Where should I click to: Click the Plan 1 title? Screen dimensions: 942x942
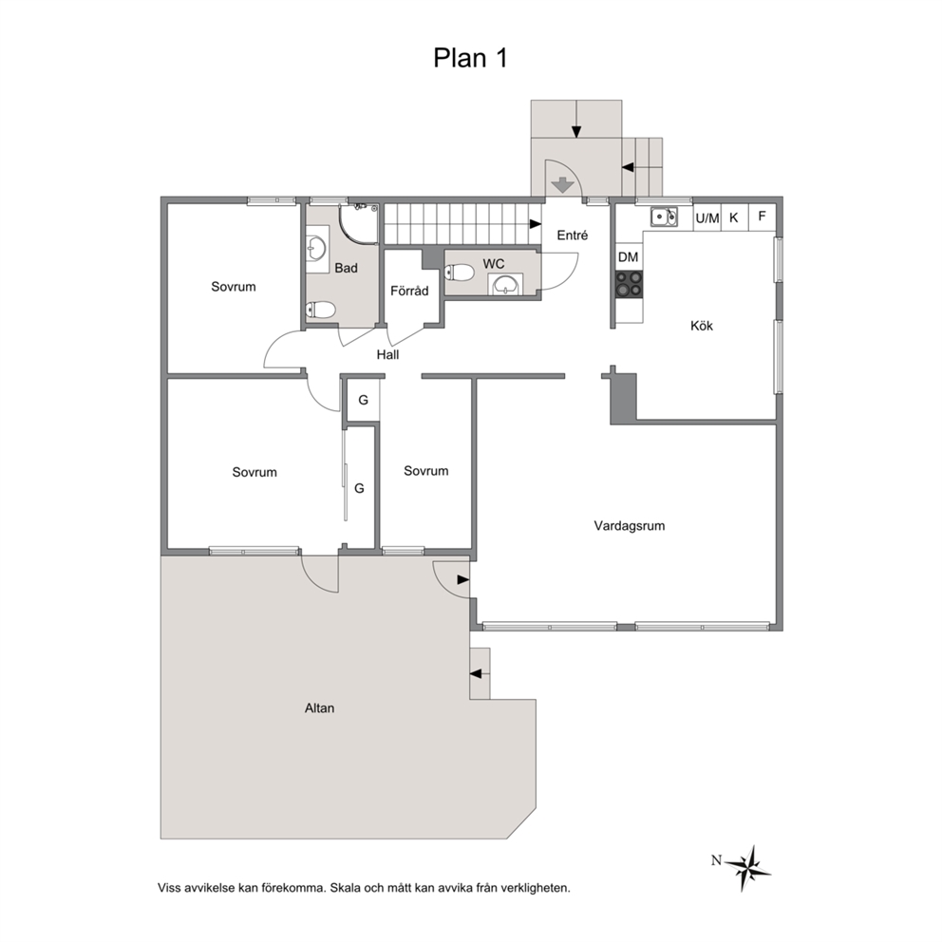(x=470, y=58)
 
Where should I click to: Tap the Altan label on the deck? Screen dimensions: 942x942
(x=319, y=708)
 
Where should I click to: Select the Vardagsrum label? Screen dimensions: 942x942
(x=629, y=526)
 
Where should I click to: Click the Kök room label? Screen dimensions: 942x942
(x=701, y=326)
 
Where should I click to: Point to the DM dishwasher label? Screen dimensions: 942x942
(x=628, y=257)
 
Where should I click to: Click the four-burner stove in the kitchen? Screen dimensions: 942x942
(x=629, y=284)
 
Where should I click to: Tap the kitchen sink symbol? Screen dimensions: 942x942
(x=664, y=217)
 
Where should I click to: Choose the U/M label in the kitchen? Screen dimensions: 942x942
(x=707, y=218)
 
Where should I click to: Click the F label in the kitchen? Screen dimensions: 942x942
(x=762, y=217)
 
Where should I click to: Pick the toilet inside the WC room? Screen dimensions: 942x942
(x=460, y=273)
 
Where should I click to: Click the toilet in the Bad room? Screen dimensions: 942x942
(x=320, y=311)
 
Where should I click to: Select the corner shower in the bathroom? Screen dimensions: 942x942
(x=359, y=224)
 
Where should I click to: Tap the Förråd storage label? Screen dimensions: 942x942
(x=409, y=291)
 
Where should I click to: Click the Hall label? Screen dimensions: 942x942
(x=387, y=354)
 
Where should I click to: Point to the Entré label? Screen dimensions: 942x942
(x=572, y=235)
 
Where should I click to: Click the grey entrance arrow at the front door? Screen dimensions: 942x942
(x=562, y=185)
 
